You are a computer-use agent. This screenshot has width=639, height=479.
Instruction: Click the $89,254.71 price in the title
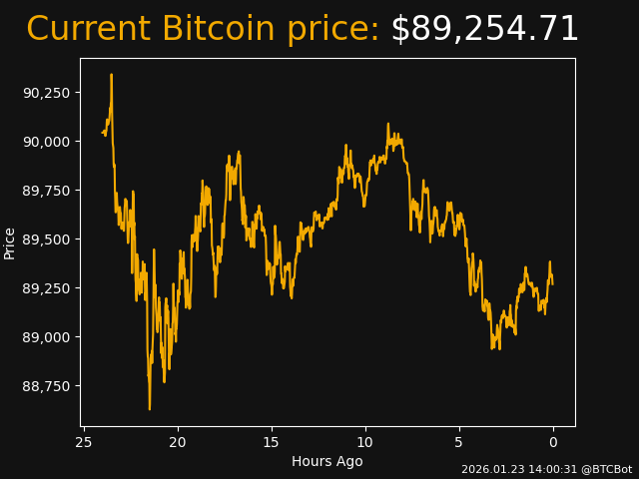pyautogui.click(x=484, y=30)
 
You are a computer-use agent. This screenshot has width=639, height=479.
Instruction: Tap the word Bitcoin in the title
pyautogui.click(x=221, y=30)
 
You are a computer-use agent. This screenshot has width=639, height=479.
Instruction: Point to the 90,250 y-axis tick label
pyautogui.click(x=45, y=93)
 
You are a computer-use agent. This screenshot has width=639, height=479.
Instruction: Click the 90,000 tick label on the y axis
pyautogui.click(x=45, y=142)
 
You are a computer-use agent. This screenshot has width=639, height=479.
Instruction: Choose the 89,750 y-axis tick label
pyautogui.click(x=45, y=191)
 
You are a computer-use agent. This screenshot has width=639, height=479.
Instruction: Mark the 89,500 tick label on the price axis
pyautogui.click(x=45, y=239)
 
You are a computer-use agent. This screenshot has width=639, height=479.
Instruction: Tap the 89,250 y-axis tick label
pyautogui.click(x=45, y=288)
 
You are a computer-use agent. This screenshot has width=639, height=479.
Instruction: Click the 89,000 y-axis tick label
pyautogui.click(x=45, y=337)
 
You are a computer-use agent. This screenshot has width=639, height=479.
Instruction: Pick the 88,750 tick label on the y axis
pyautogui.click(x=45, y=386)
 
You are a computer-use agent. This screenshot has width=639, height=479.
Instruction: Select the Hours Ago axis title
pyautogui.click(x=327, y=461)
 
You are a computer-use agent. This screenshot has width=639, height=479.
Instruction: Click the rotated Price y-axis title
pyautogui.click(x=10, y=242)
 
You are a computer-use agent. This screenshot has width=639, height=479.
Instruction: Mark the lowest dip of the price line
pyautogui.click(x=150, y=408)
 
